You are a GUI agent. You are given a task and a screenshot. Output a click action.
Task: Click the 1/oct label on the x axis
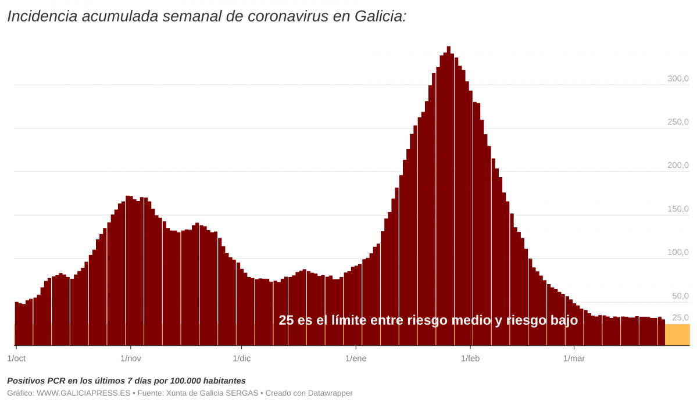[x=16, y=358]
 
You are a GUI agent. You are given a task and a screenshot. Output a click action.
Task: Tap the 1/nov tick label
[x=131, y=358]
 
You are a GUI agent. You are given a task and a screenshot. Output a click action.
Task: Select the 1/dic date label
[x=242, y=358]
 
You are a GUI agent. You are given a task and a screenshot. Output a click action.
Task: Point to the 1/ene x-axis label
[x=356, y=358]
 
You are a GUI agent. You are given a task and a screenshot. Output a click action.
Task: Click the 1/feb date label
[x=470, y=358]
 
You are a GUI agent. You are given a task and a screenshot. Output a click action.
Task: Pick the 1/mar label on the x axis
[x=574, y=358]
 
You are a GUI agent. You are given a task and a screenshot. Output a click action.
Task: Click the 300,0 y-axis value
[x=677, y=78]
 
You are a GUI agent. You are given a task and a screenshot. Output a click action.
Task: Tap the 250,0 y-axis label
[x=677, y=122]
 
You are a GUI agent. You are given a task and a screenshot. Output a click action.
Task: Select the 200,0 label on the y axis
[x=677, y=166]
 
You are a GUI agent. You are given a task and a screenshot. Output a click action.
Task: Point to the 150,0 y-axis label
[x=677, y=209]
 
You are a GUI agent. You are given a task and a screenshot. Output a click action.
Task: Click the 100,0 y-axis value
[x=677, y=252]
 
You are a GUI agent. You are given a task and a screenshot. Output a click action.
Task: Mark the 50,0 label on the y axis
[x=680, y=296]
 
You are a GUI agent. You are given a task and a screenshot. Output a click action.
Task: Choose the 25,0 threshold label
[x=680, y=317]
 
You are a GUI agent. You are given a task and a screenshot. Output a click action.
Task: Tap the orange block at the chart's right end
[x=677, y=335]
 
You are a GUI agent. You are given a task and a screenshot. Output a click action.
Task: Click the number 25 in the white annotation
[x=286, y=320]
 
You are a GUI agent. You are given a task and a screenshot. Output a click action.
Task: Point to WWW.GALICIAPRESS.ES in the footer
[x=83, y=393]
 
